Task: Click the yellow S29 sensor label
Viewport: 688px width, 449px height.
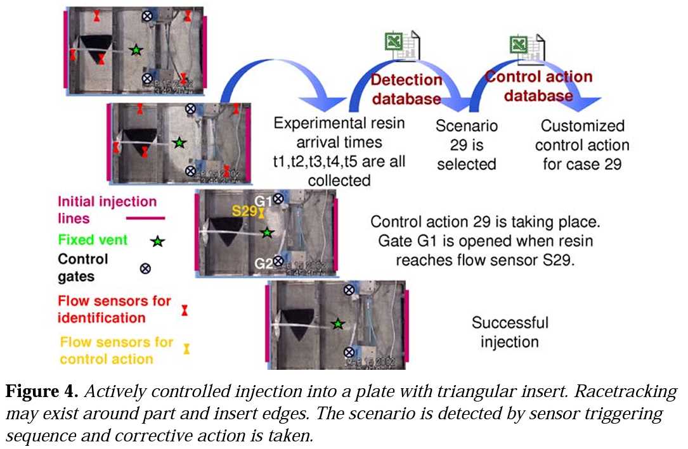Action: pos(243,212)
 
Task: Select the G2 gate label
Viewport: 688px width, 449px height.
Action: pos(263,262)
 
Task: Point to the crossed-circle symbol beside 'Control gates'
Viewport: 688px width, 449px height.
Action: pos(145,268)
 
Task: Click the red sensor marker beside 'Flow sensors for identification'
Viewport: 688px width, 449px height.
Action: pos(185,310)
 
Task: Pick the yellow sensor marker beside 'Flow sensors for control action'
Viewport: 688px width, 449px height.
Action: pos(186,348)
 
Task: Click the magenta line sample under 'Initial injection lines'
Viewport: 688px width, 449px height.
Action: pos(145,218)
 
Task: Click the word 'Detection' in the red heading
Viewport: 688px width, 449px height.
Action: pos(406,80)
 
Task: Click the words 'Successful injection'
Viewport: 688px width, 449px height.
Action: pos(509,332)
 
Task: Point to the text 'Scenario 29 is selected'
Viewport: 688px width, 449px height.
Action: pos(466,144)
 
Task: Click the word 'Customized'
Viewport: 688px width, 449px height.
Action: pos(582,125)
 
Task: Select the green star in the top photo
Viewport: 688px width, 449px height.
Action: pos(135,49)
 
